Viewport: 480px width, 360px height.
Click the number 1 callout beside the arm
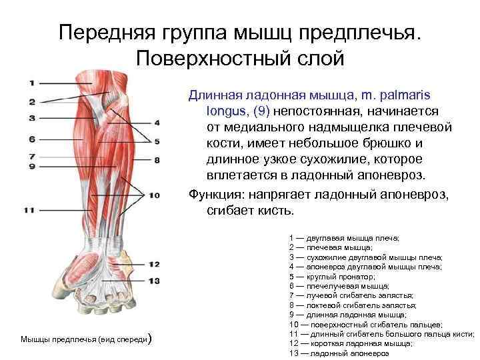tap(31, 83)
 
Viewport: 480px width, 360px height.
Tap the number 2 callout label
tap(31, 102)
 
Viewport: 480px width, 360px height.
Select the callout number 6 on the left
tap(31, 139)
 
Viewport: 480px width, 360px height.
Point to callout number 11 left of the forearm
tap(29, 210)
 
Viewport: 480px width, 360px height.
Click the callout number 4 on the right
tap(157, 123)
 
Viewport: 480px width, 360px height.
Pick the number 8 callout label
tap(157, 160)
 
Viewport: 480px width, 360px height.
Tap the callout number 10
tap(155, 195)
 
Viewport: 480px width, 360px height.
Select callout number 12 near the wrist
tap(155, 265)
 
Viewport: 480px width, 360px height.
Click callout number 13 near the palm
tap(155, 281)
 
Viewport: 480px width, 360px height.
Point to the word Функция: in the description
tap(217, 195)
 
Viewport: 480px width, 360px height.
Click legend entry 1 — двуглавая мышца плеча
tap(344, 237)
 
